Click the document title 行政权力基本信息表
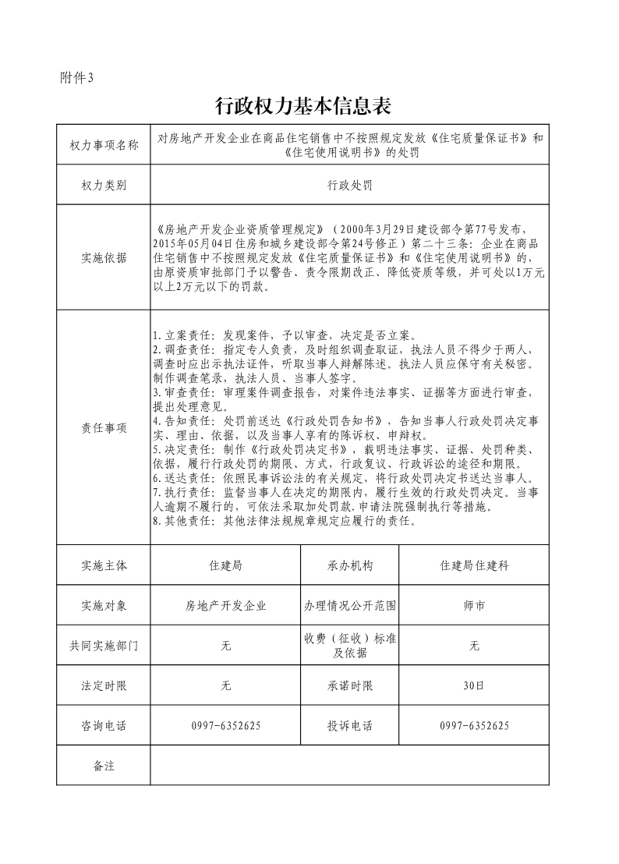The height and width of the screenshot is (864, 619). click(x=302, y=104)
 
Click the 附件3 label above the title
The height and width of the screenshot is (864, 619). click(x=76, y=77)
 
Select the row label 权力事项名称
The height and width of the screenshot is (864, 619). click(x=104, y=145)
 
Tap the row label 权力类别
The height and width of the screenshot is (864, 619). click(x=104, y=186)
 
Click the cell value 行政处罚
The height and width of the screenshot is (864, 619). click(x=349, y=186)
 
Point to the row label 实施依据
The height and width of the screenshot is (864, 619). click(x=104, y=258)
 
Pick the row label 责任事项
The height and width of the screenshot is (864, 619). click(x=104, y=428)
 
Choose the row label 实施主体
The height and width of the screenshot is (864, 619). click(x=104, y=565)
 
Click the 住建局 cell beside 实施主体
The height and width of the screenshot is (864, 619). click(x=226, y=565)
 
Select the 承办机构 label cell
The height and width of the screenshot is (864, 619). click(x=350, y=565)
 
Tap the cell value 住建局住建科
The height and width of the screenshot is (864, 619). click(x=474, y=565)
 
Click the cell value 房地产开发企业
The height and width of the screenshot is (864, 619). click(x=226, y=605)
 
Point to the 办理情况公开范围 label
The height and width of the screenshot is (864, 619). click(x=350, y=605)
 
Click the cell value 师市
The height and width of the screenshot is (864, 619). click(x=474, y=605)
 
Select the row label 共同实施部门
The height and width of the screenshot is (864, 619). click(x=104, y=646)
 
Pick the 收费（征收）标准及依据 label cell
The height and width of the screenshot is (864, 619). click(x=350, y=646)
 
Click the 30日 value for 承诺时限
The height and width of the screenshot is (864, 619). click(x=474, y=686)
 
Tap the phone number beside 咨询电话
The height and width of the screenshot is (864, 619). click(x=226, y=726)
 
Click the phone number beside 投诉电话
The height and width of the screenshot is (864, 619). click(x=474, y=726)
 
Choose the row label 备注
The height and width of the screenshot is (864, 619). click(x=104, y=766)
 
